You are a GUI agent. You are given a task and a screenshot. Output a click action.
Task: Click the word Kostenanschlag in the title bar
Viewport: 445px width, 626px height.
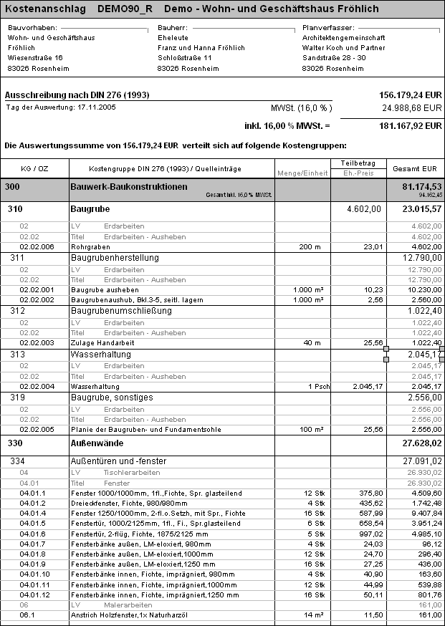coord(42,9)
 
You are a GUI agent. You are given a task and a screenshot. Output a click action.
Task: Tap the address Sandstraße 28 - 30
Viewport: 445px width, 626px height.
coord(335,57)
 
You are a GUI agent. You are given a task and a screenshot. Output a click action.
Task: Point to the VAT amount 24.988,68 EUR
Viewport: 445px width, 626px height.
coord(412,108)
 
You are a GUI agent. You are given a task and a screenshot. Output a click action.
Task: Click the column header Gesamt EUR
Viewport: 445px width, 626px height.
coord(414,168)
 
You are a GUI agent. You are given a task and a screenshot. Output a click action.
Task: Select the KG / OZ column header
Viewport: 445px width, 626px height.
coord(34,168)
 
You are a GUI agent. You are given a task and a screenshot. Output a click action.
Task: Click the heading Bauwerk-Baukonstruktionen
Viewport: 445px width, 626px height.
coord(128,187)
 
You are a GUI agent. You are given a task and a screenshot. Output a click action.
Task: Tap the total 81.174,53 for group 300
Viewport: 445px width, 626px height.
coord(418,187)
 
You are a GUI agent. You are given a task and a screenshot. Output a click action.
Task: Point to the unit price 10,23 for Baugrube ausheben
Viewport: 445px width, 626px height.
coord(371,289)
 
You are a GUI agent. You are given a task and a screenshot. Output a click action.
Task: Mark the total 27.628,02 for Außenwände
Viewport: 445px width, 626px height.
coord(418,444)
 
